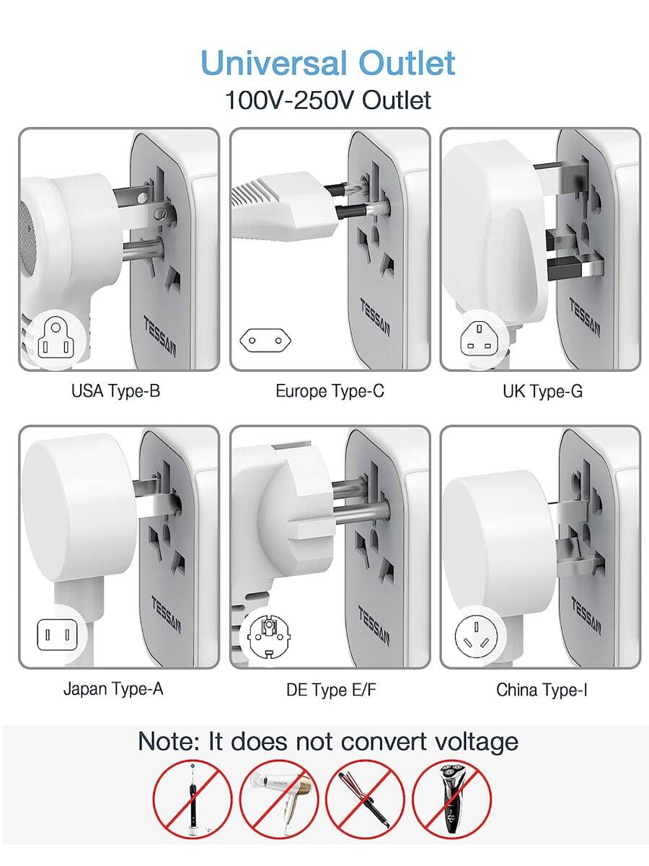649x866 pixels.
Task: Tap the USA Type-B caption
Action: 115,392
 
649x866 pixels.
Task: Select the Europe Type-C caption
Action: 330,392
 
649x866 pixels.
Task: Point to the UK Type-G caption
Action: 542,392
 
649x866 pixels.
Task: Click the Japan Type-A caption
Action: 113,688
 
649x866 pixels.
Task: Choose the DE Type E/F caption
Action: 331,690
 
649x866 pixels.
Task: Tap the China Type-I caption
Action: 542,690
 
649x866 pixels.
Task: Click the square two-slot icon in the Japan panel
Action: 56,634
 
